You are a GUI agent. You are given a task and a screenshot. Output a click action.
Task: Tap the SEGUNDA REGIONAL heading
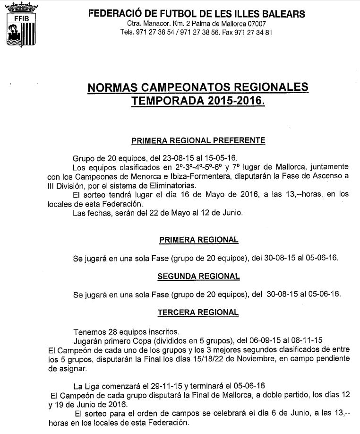(x=199, y=276)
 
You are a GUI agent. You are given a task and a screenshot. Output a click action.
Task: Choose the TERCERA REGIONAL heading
(x=198, y=312)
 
